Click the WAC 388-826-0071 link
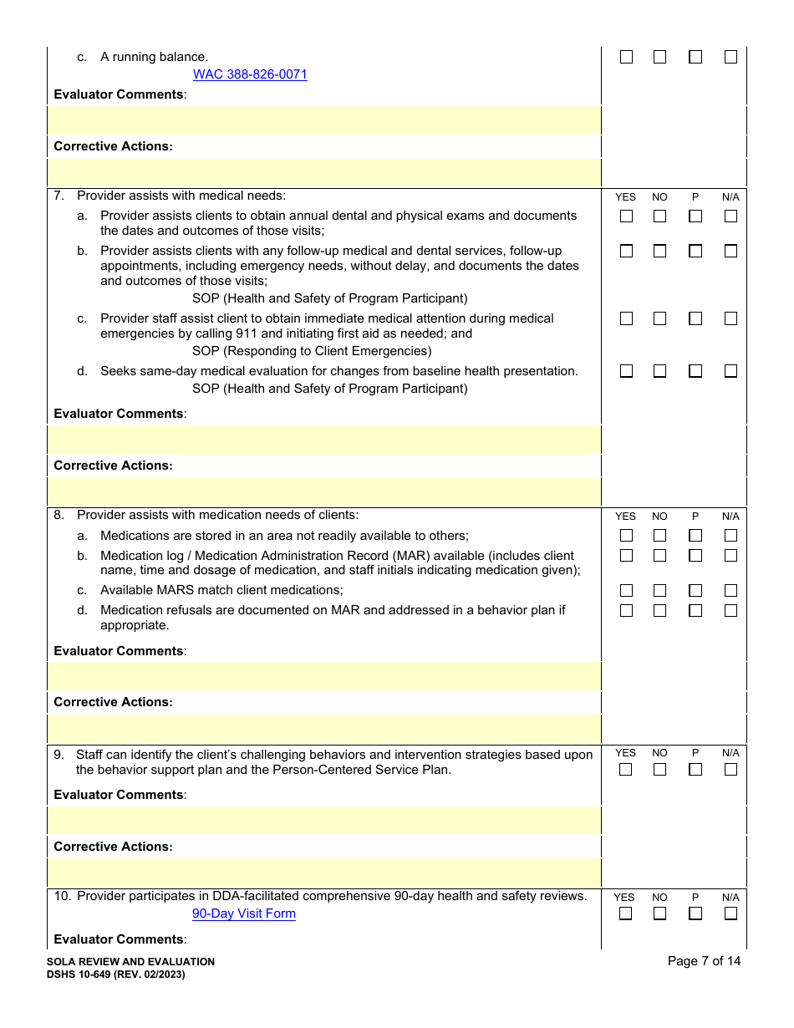click(250, 74)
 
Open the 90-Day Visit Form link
click(244, 913)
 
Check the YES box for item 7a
click(626, 216)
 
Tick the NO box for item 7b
click(660, 251)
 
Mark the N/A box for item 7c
click(730, 318)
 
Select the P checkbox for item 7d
click(695, 371)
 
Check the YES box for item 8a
click(626, 536)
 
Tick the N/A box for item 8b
click(730, 556)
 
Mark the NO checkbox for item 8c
click(660, 591)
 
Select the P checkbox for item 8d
click(695, 611)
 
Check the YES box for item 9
click(626, 770)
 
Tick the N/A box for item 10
click(730, 913)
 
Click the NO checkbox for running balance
click(660, 58)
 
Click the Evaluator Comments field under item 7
click(324, 440)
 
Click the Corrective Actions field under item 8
click(324, 729)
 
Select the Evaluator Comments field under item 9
click(324, 821)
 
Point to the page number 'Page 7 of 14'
click(704, 961)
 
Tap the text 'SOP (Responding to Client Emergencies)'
click(312, 351)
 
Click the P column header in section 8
click(695, 517)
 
